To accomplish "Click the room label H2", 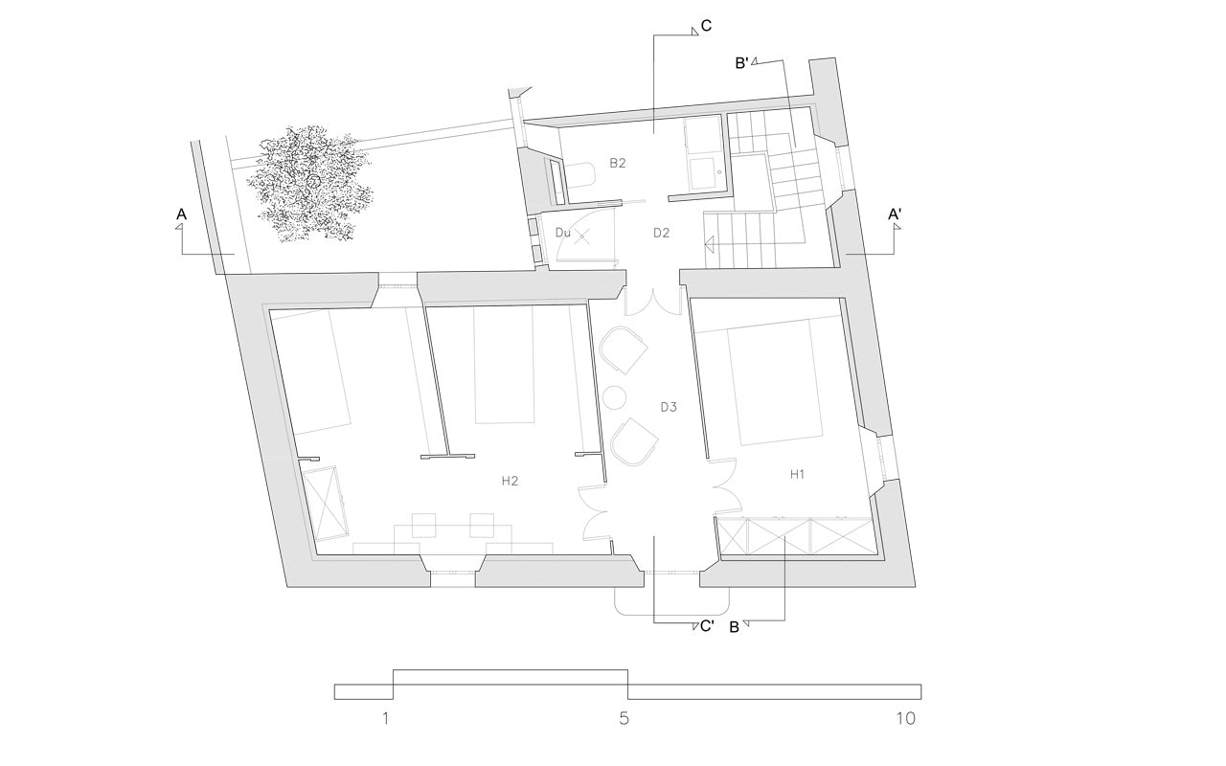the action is tap(510, 481).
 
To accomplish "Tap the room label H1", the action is tap(797, 474).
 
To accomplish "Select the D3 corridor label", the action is tap(669, 407).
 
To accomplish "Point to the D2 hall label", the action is tap(661, 233).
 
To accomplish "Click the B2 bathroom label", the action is tap(618, 163).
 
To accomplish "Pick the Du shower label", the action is tap(562, 233).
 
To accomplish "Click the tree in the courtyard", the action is tap(309, 183).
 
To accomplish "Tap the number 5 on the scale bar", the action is tap(624, 718).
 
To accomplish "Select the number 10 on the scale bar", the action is tap(906, 718).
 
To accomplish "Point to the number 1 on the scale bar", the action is tap(386, 718).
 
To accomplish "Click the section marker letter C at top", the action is tap(706, 26).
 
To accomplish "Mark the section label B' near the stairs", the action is tap(741, 63).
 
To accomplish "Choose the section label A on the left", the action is tap(181, 214).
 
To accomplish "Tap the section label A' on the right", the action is tap(895, 214).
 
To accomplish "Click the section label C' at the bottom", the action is tap(707, 626).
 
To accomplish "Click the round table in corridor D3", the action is tap(615, 397).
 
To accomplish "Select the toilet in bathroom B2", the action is tap(580, 175).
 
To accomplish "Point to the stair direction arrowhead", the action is tap(710, 243).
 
